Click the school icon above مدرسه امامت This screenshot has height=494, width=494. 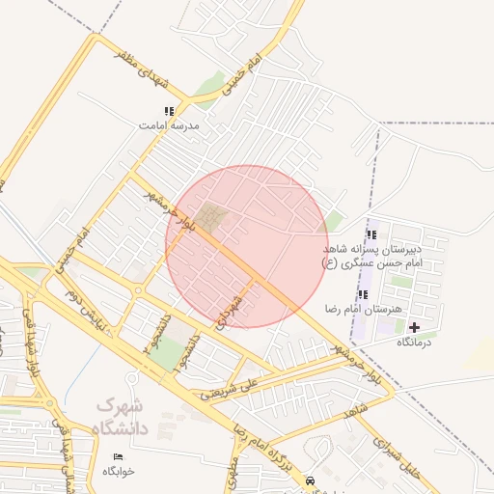pos(170,112)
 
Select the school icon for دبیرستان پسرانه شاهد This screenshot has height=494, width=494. pos(371,234)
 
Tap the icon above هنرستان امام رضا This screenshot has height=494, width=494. pos(363,294)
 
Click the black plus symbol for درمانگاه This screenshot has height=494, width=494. pos(415,328)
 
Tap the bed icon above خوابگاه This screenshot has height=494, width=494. pos(119,455)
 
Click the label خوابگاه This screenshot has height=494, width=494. pos(120,471)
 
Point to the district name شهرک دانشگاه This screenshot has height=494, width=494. pos(122,415)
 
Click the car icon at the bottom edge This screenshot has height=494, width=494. pos(309,480)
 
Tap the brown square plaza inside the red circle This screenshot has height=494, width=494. pos(211,218)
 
